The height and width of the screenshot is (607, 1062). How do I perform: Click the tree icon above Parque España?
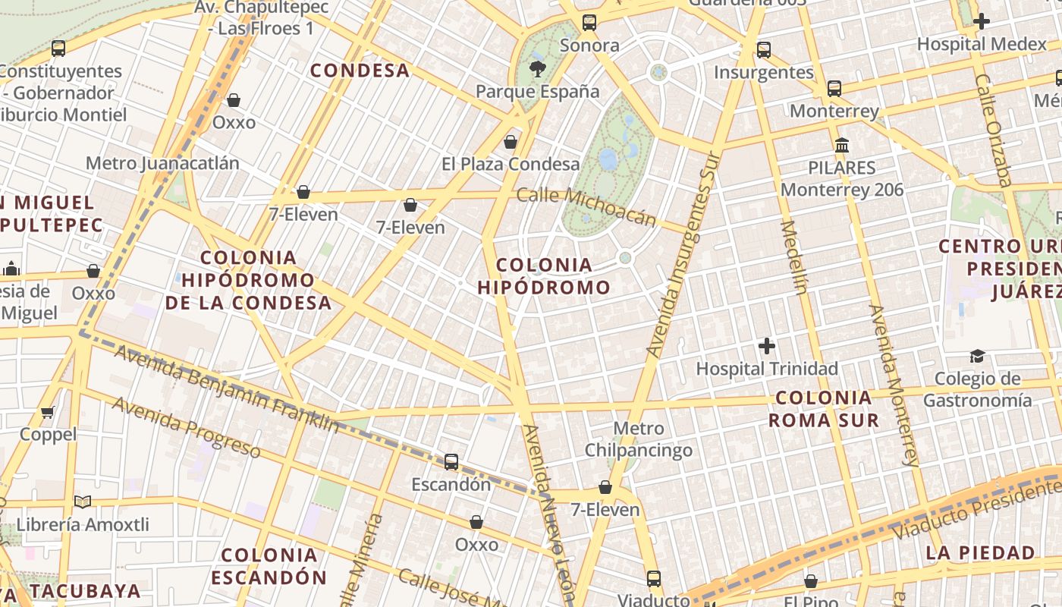pos(538,70)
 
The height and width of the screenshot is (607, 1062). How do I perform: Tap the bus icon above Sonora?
pos(589,23)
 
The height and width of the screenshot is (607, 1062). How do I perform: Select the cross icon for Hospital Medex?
pos(981,21)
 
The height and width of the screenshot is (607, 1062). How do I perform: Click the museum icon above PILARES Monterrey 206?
pos(842,145)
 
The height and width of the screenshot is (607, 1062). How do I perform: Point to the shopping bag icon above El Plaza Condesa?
pos(511,142)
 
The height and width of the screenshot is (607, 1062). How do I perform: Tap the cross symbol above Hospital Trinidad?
pos(767,347)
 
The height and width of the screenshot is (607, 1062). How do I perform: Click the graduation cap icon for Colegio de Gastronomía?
pos(977,356)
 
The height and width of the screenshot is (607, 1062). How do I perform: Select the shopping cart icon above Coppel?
pos(48,412)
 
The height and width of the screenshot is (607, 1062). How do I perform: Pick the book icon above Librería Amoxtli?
pos(83,502)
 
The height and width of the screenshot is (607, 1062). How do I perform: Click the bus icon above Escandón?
pos(451,461)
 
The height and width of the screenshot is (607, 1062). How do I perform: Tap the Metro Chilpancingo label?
pos(638,439)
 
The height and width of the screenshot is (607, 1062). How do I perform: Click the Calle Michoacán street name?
pos(586,206)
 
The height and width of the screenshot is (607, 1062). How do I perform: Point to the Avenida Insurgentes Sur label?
pos(683,254)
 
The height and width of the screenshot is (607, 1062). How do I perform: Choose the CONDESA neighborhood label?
pos(360,71)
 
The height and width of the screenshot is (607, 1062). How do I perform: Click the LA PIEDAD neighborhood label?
pos(980,552)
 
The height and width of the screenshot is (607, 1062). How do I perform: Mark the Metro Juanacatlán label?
pos(162,163)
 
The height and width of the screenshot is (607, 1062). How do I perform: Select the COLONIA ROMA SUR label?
pos(824,409)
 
